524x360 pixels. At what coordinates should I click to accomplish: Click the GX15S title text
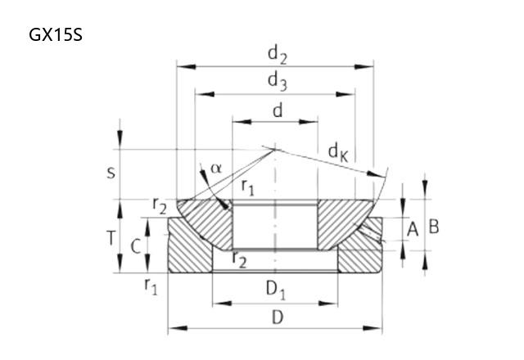pos(56,35)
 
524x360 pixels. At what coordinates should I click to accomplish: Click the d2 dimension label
pos(278,56)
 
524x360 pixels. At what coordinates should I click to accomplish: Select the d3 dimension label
pos(278,83)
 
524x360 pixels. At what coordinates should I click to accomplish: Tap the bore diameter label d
pos(278,110)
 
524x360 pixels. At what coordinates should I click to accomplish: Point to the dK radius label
pos(338,153)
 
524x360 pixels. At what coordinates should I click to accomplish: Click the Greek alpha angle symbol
pos(216,169)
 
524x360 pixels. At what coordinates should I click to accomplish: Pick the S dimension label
pos(111,173)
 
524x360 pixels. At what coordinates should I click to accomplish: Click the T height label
pos(111,238)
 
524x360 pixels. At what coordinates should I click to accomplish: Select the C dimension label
pos(135,247)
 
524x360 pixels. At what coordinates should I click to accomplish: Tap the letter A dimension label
pos(413,229)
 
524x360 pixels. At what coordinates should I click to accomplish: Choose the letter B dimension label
pos(434,227)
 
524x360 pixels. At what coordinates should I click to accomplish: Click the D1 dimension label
pos(276,290)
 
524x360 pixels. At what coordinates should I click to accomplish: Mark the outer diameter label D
pos(278,317)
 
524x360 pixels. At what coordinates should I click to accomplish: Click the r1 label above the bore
pos(248,187)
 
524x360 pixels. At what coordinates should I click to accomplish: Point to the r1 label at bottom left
pos(151,286)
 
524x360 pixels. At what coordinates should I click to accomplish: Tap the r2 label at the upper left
pos(160,205)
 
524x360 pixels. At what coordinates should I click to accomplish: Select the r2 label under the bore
pos(240,260)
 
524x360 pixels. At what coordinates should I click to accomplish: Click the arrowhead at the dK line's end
pos(375,174)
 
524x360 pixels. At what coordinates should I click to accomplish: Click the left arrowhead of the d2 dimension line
pos(186,67)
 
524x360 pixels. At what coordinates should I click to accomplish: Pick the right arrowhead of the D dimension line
pos(373,328)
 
